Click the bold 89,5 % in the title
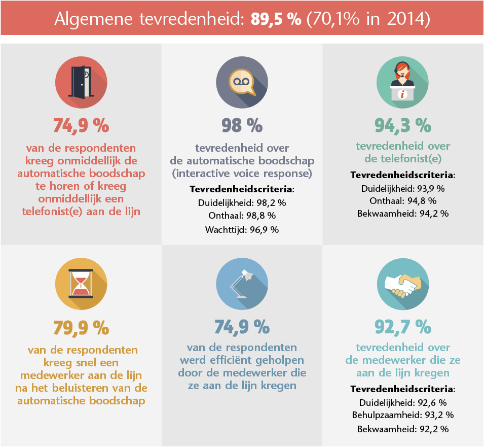click(x=276, y=19)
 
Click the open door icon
click(x=81, y=82)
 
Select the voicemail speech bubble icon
click(x=242, y=82)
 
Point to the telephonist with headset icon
click(x=402, y=82)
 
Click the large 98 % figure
click(x=242, y=125)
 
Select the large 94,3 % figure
click(x=402, y=125)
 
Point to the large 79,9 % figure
click(x=81, y=328)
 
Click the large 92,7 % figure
click(x=402, y=328)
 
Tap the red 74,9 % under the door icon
click(x=81, y=125)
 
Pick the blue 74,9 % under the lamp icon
click(x=242, y=328)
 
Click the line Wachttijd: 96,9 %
click(x=242, y=229)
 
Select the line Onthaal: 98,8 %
click(x=242, y=216)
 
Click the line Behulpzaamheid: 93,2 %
click(x=402, y=416)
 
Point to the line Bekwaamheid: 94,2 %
click(x=402, y=213)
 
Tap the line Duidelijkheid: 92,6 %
click(x=402, y=403)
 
